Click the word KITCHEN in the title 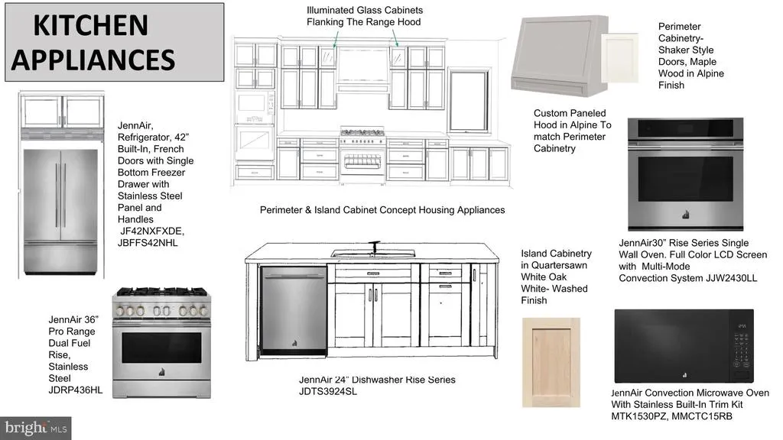coord(90,25)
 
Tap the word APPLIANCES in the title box coord(93,60)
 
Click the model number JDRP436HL coord(76,390)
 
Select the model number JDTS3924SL coord(328,392)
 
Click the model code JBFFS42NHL coord(148,243)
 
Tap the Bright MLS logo coord(35,429)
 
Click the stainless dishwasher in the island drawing coord(294,311)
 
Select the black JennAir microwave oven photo coord(684,346)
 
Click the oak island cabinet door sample coord(551,362)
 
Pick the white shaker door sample coord(619,58)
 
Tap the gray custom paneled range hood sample coord(559,56)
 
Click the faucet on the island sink coord(374,247)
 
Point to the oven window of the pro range coord(161,348)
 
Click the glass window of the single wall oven coord(685,179)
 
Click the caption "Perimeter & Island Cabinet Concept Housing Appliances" coord(382,210)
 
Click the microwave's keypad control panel coord(740,347)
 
